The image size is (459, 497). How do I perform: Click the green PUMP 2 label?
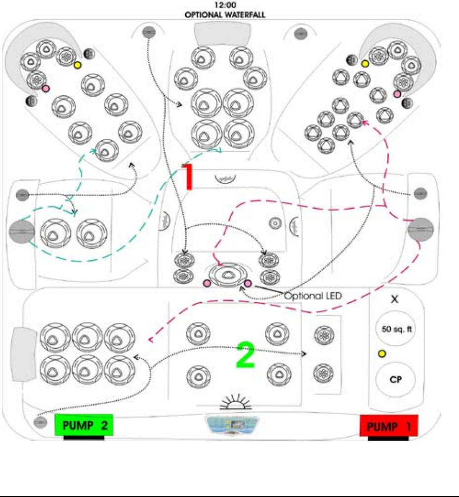click(x=84, y=425)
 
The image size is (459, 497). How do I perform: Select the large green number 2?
click(x=246, y=355)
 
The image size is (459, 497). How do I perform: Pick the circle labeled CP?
click(x=395, y=380)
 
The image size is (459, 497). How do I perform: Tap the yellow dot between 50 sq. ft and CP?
click(x=381, y=354)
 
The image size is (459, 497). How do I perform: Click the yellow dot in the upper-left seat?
click(x=78, y=65)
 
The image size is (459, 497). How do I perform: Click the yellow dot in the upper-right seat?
click(x=365, y=63)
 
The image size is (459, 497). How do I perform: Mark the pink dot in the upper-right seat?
click(x=397, y=93)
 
